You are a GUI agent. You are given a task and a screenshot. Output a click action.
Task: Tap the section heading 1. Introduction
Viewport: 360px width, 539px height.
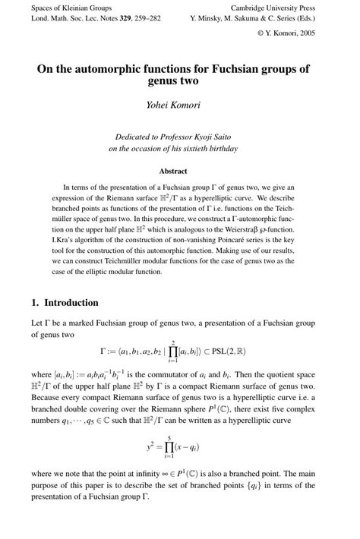65,302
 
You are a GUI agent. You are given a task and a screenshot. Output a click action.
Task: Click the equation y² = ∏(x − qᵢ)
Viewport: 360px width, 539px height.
179,448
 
